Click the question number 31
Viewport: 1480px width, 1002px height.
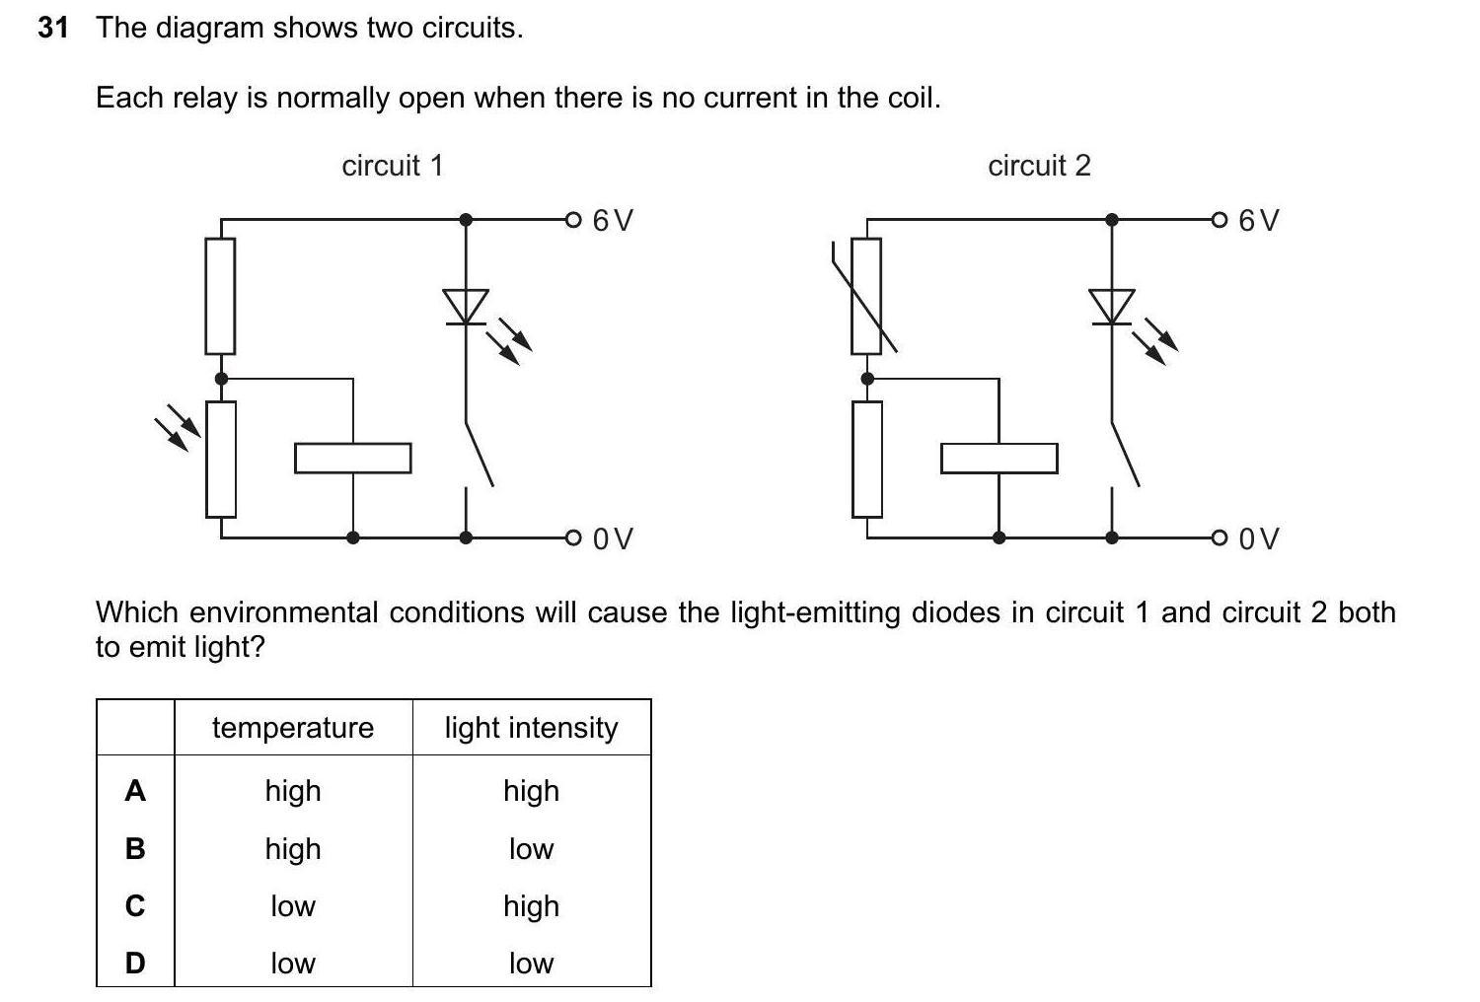[53, 28]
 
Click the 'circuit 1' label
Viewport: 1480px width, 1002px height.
[393, 166]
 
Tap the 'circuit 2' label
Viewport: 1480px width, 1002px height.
[1039, 166]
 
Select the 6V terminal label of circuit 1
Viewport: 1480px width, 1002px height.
[613, 220]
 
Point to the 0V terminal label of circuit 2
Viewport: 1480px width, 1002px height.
[1259, 538]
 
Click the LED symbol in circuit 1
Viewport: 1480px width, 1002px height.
[466, 306]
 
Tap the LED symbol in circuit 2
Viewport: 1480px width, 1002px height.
[1112, 306]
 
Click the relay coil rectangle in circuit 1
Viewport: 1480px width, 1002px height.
[353, 458]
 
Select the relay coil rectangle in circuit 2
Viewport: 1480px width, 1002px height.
[999, 458]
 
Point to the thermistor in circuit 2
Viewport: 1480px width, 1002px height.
[866, 296]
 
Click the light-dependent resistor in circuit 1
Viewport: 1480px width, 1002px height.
[221, 459]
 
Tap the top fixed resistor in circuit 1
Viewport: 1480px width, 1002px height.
[220, 296]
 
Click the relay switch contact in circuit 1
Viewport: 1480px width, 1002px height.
[479, 454]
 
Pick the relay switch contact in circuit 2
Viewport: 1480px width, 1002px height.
[1125, 454]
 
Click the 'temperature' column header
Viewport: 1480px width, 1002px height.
[293, 728]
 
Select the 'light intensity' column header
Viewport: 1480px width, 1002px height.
[531, 728]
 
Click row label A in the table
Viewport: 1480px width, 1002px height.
[135, 791]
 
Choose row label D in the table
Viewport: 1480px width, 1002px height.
[135, 963]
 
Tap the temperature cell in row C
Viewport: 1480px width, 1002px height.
[293, 906]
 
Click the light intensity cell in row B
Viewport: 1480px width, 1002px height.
[531, 849]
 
